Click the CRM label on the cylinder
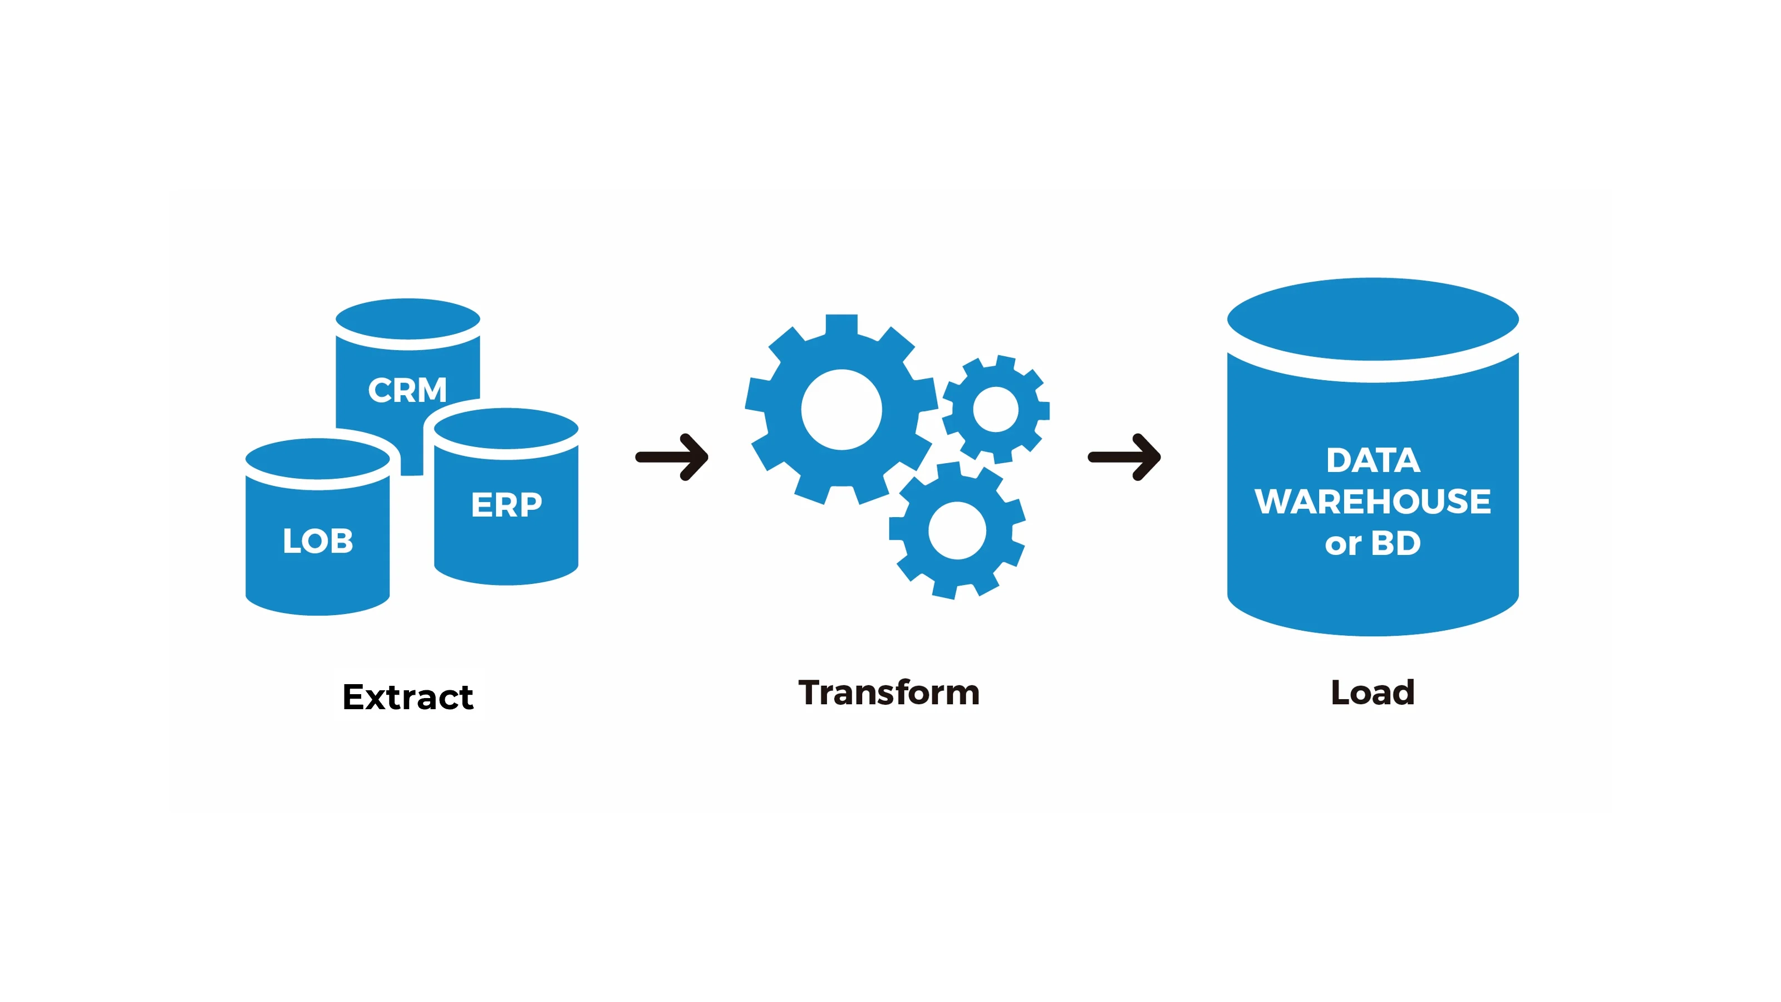407,390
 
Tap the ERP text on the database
506,505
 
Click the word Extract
408,696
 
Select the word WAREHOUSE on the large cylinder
1372,502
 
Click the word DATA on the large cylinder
1372,460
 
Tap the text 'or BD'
1372,543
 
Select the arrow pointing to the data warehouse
1124,456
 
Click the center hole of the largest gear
842,409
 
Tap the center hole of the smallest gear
996,409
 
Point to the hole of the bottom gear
957,531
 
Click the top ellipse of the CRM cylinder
407,320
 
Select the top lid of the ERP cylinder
506,429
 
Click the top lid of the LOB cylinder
317,459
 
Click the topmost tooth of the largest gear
842,323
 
